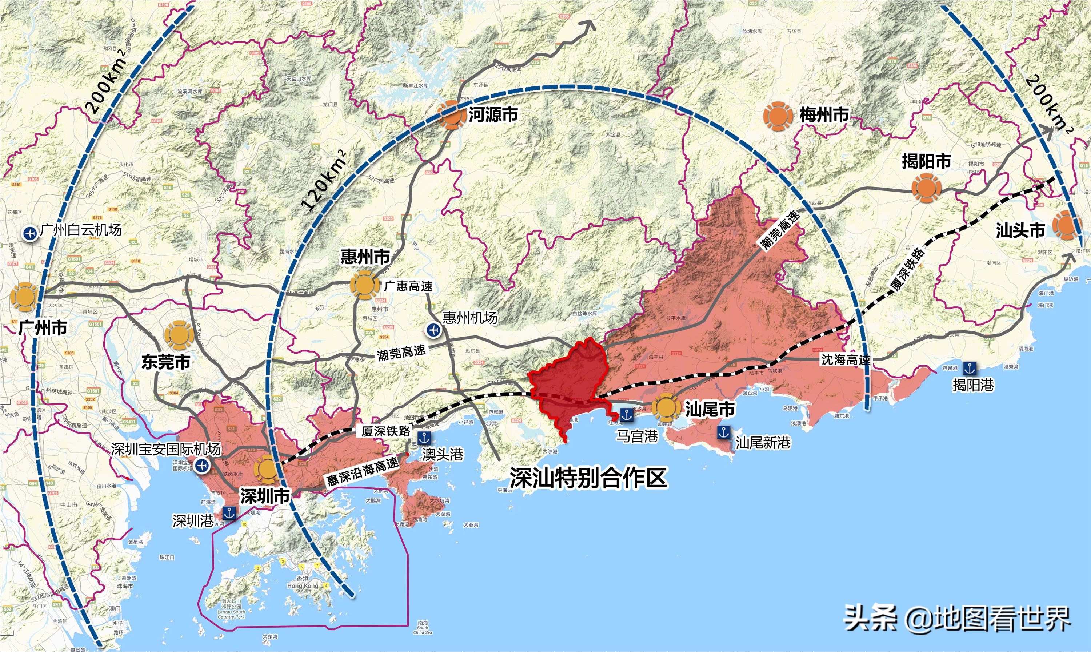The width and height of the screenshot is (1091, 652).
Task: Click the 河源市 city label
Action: (493, 115)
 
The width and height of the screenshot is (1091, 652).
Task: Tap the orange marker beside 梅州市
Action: (778, 116)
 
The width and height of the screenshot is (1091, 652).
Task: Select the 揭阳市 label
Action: (926, 162)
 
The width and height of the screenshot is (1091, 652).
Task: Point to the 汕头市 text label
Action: (1020, 231)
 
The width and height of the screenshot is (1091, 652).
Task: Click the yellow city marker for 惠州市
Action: (364, 285)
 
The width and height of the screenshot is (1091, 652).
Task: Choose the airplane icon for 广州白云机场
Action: (31, 233)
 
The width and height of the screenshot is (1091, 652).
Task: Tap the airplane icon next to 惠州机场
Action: (434, 330)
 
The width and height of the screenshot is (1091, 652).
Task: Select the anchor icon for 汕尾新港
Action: (723, 432)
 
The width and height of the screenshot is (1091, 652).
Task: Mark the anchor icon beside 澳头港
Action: (424, 438)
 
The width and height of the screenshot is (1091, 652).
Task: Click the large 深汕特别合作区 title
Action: (588, 478)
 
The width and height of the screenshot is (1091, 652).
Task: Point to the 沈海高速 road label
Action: (846, 360)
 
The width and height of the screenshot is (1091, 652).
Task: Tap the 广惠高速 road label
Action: (408, 286)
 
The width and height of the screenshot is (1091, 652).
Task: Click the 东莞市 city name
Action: (166, 362)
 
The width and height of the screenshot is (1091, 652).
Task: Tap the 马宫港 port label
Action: (637, 436)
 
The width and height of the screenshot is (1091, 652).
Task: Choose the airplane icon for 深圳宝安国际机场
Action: (202, 466)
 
